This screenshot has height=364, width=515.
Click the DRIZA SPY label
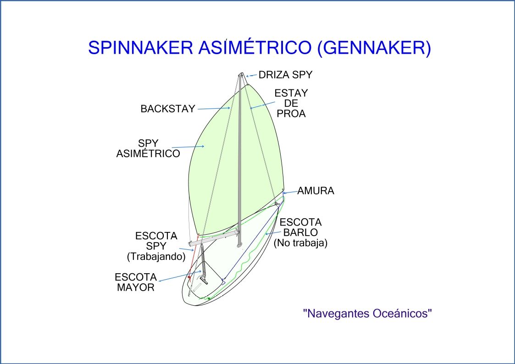pos(286,74)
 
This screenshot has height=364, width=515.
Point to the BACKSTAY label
pos(168,109)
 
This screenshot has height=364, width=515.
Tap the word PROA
pos(291,114)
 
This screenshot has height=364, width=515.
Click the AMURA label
pos(316,191)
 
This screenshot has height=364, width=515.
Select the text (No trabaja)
pos(300,243)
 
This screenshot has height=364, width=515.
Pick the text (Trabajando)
pos(156,257)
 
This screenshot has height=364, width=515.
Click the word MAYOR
pos(135,288)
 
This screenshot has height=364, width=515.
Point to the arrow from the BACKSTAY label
pos(213,109)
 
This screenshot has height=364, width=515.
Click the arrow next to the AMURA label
pos(290,193)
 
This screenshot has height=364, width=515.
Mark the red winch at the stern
pos(189,278)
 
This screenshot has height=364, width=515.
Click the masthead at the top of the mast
pos(242,74)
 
